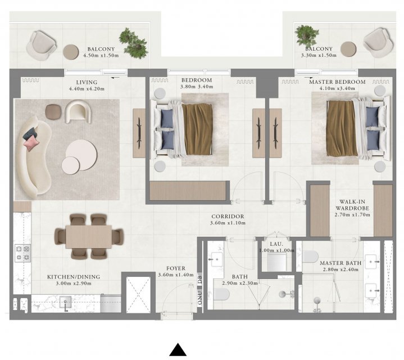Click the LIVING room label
coord(87,83)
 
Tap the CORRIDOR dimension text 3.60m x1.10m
coord(228,223)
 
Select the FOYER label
coord(176,268)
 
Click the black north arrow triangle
coord(178,350)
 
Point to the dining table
coord(89,237)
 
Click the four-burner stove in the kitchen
coord(22,253)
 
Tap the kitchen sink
coord(65,302)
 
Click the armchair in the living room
coord(78,111)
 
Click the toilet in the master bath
coord(310,256)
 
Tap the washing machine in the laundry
coord(276,262)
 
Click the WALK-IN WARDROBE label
coord(352,205)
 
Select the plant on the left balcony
coord(134,43)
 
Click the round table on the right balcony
coord(348,49)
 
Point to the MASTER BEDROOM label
coord(337,82)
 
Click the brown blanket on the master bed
coord(342,128)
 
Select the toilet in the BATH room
coord(222,294)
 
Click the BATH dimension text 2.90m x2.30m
coord(240,283)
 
